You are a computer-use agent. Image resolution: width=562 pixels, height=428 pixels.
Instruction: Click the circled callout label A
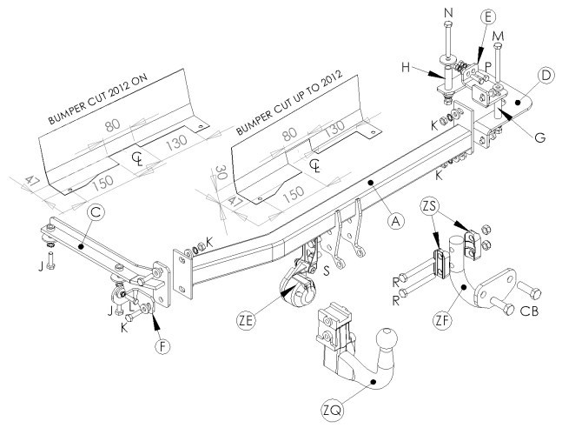point(395,221)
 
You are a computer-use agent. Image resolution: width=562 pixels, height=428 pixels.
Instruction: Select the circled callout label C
point(96,212)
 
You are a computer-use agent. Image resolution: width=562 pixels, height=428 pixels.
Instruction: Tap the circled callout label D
point(545,77)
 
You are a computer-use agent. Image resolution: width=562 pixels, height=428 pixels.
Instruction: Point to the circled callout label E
point(488,17)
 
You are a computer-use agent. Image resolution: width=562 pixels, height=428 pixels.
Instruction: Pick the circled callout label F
point(162,346)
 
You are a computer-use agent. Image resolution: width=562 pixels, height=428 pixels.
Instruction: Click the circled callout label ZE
point(246,321)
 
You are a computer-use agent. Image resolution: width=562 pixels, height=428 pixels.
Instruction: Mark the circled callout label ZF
point(443,321)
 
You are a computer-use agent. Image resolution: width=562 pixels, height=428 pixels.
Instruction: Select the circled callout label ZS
point(429,206)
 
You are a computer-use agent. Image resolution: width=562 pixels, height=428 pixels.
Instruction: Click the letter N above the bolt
point(448,13)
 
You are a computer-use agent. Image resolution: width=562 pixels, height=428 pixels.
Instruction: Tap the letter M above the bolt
point(498,37)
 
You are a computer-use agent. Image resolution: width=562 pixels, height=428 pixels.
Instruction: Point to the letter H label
point(406,67)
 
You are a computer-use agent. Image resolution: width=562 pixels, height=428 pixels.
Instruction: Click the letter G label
point(539,137)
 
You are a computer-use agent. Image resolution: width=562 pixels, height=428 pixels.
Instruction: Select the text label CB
point(529,311)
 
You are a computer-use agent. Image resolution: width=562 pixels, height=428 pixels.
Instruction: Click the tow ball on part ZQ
point(387,338)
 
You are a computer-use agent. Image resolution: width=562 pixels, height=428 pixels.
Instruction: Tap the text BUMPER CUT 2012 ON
point(98,100)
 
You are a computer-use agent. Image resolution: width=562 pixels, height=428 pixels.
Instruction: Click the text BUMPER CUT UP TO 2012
point(289,103)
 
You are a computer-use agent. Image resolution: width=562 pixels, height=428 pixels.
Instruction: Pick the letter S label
point(326,271)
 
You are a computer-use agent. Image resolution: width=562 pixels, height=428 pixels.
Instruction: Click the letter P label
point(487,66)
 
